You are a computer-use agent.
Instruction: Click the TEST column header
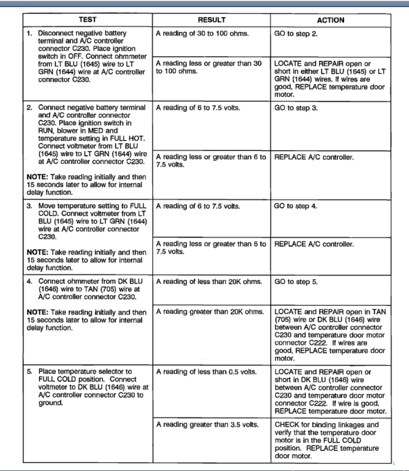tap(88, 20)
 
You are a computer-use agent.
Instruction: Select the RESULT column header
tap(211, 20)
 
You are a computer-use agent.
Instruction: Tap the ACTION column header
tap(330, 20)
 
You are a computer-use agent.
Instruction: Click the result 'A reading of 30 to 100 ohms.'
tap(202, 34)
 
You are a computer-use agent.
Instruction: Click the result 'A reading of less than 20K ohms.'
tap(209, 282)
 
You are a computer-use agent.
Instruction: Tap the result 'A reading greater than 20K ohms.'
tap(210, 311)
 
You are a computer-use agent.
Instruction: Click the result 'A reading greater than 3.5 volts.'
tap(207, 424)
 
